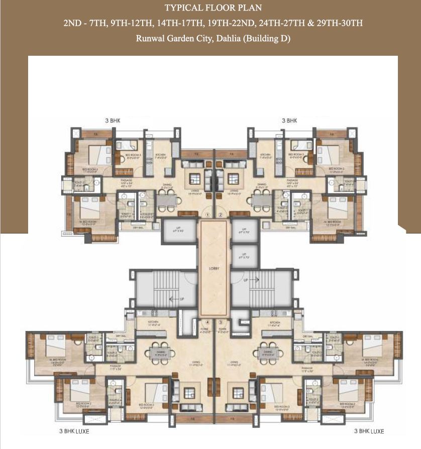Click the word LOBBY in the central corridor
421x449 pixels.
(214, 269)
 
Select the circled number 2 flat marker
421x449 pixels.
(221, 215)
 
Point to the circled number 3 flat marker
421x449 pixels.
(221, 322)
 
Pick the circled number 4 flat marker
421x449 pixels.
(207, 322)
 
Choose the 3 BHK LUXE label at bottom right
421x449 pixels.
(369, 431)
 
